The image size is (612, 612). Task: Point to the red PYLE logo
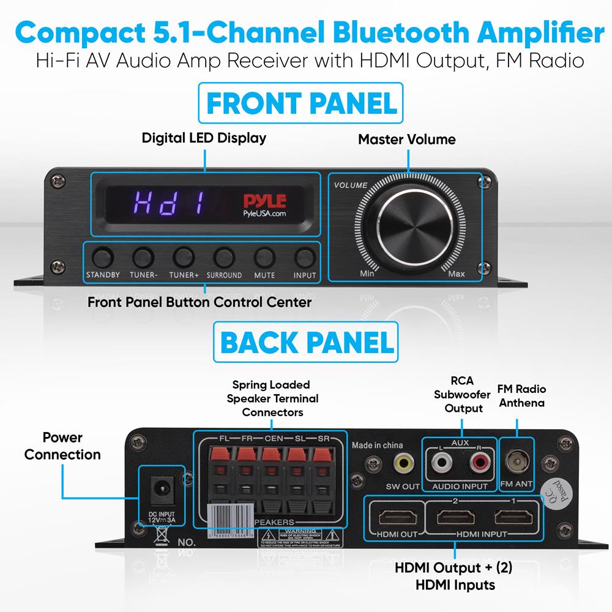(262, 201)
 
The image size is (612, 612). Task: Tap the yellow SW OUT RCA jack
(402, 463)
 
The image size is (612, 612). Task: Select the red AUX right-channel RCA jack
(479, 463)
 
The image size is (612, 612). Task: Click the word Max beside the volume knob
(457, 274)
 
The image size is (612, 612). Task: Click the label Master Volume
(407, 139)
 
